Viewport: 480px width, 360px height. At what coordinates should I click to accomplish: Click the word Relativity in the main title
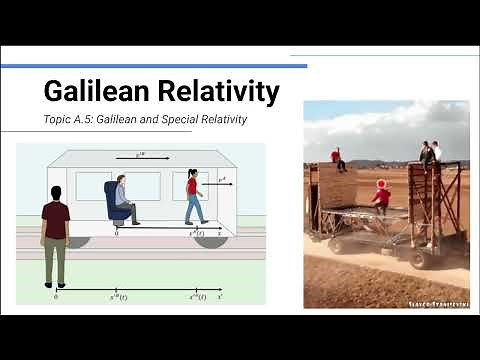pyautogui.click(x=213, y=92)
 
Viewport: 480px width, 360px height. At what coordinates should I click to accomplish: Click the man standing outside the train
pyautogui.click(x=55, y=235)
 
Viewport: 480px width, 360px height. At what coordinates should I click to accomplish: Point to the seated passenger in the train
pyautogui.click(x=124, y=198)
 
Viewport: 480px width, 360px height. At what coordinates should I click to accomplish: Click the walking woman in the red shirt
pyautogui.click(x=193, y=195)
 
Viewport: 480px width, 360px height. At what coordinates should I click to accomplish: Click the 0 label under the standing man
pyautogui.click(x=55, y=297)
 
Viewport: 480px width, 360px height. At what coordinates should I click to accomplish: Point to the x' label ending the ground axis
pyautogui.click(x=246, y=297)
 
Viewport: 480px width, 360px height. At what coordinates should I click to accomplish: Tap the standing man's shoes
pyautogui.click(x=54, y=284)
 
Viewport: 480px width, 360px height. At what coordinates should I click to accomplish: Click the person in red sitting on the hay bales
pyautogui.click(x=339, y=158)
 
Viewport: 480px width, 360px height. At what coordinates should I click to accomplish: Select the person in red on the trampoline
pyautogui.click(x=381, y=195)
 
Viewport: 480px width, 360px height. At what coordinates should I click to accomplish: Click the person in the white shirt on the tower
pyautogui.click(x=436, y=152)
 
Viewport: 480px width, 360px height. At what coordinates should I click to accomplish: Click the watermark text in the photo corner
pyautogui.click(x=440, y=303)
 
